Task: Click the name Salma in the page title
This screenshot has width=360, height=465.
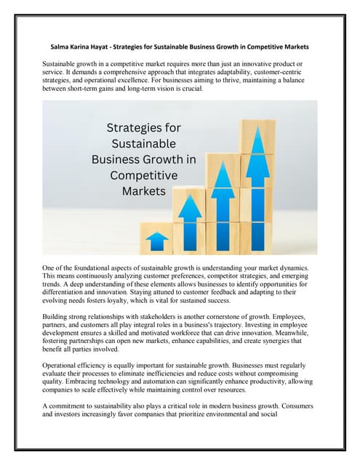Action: tap(60, 47)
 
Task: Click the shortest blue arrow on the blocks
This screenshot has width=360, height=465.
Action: tap(158, 240)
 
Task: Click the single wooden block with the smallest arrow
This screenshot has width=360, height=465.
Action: tap(157, 240)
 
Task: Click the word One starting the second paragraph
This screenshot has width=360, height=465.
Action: tap(49, 270)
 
